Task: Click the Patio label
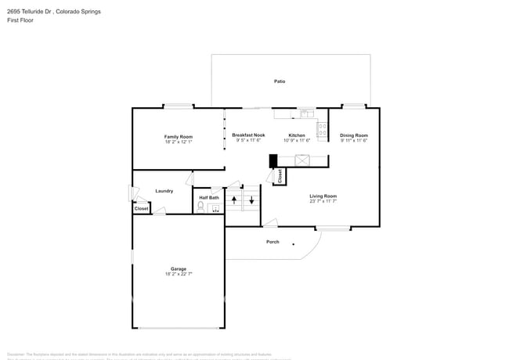tap(279, 81)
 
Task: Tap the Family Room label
tap(179, 136)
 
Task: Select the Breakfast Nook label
tap(248, 135)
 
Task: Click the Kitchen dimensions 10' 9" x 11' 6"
tap(297, 141)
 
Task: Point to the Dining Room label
tap(354, 135)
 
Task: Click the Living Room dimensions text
tap(323, 201)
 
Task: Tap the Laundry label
tap(164, 191)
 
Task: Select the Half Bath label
tap(208, 197)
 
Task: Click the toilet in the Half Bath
tap(201, 207)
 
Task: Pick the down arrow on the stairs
tap(251, 200)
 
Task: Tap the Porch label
tap(273, 242)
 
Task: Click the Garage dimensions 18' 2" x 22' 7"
tap(179, 274)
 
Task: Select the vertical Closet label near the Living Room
tap(280, 176)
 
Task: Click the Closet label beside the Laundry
tap(141, 209)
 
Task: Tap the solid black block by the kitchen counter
tap(273, 160)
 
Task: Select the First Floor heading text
tap(19, 20)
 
